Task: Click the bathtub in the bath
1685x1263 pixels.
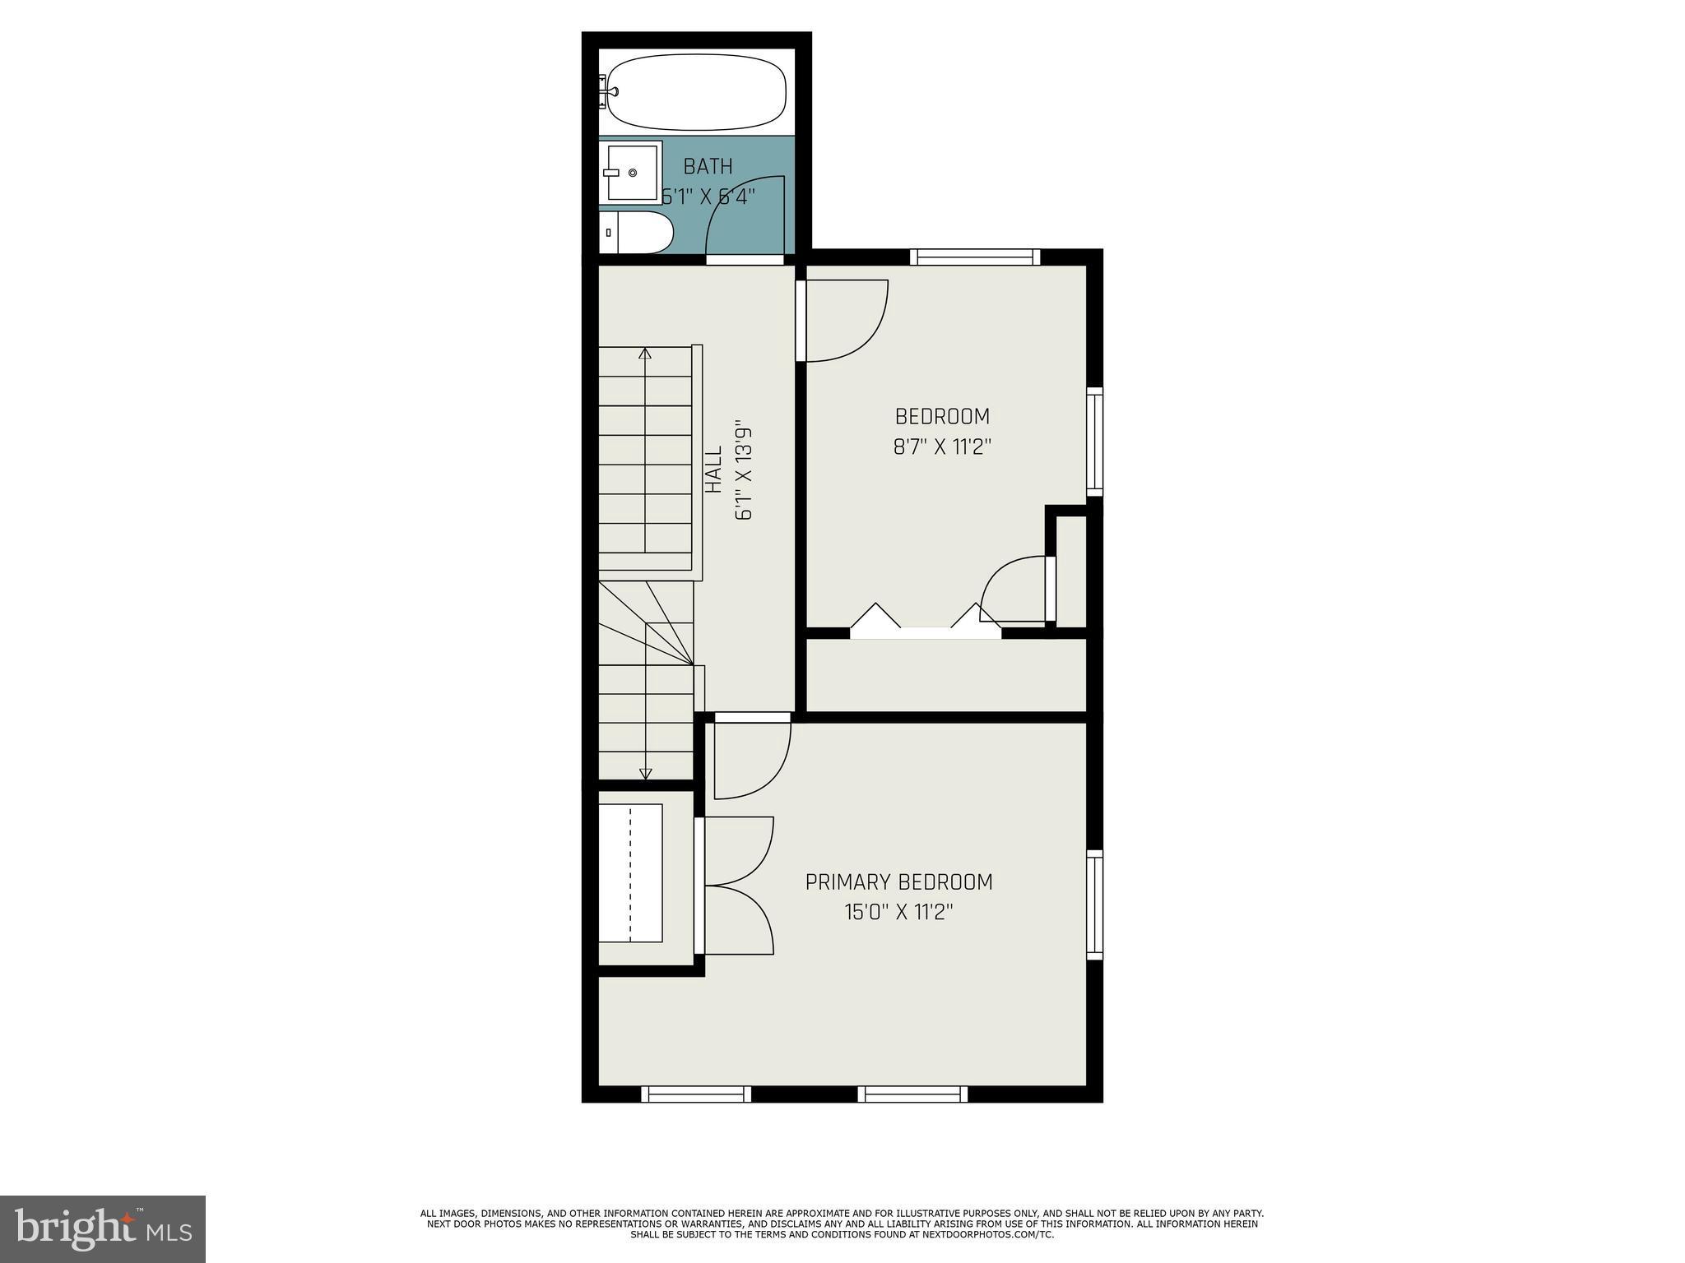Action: click(x=696, y=91)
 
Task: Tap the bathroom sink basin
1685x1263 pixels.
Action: click(x=633, y=173)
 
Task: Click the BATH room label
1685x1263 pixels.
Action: click(x=708, y=167)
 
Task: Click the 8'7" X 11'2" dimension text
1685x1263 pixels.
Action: click(x=942, y=447)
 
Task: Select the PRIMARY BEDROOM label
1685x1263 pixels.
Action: click(x=898, y=882)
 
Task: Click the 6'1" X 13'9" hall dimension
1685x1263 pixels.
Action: click(x=744, y=473)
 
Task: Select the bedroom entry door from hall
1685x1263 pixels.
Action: click(x=843, y=321)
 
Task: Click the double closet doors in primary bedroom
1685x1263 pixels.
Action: click(x=738, y=886)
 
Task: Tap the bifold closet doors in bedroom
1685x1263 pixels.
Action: click(x=926, y=622)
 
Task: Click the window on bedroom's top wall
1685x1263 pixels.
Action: click(x=975, y=257)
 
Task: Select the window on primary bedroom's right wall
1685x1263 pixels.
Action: click(x=1094, y=904)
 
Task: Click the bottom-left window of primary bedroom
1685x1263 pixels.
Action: click(x=695, y=1094)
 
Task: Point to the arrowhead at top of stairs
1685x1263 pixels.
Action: click(x=645, y=354)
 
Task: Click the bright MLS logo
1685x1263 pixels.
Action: click(x=103, y=1228)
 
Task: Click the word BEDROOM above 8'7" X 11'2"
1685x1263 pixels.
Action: click(x=942, y=416)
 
